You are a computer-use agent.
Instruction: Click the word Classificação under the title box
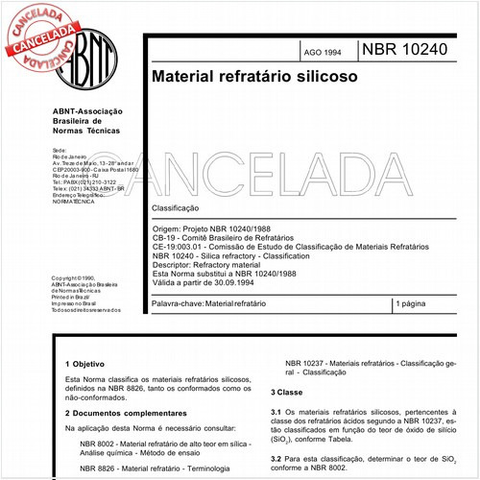(x=175, y=207)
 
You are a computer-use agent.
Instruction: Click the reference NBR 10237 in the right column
(x=309, y=364)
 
